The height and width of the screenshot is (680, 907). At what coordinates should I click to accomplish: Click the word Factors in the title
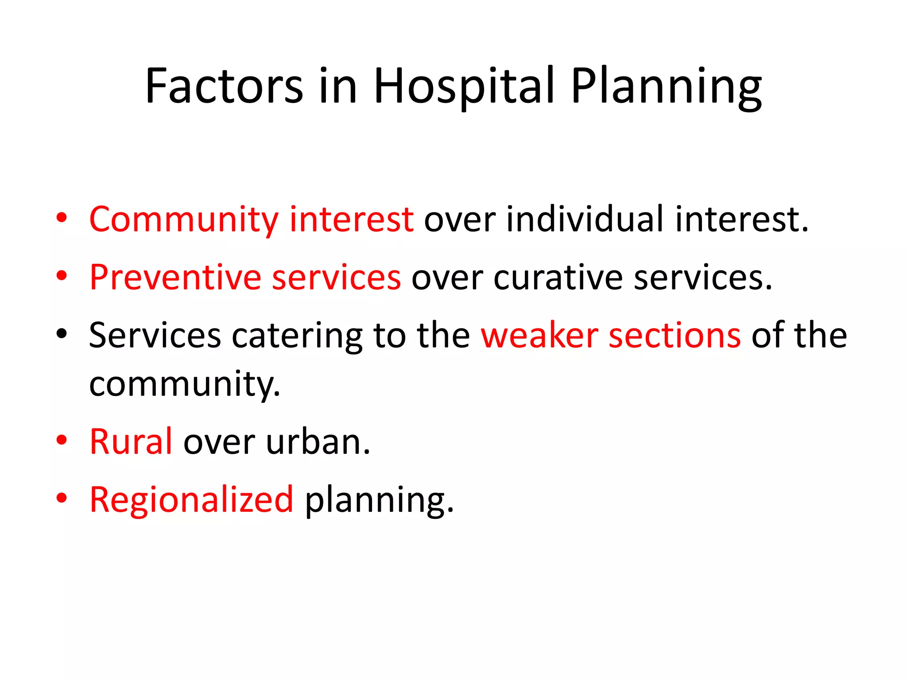224,86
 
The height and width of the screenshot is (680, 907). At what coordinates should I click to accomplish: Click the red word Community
183,220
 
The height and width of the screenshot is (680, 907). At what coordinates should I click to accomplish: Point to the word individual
585,220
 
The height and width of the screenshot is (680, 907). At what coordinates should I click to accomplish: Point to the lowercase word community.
184,384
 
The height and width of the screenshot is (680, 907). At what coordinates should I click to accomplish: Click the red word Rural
131,442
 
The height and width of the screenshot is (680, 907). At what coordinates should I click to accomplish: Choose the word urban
318,442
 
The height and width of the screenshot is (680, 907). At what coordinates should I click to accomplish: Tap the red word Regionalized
191,500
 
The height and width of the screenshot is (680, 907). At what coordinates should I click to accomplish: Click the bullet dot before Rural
62,440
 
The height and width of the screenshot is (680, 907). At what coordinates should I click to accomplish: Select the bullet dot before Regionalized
62,498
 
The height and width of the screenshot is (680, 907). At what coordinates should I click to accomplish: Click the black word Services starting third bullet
155,336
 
